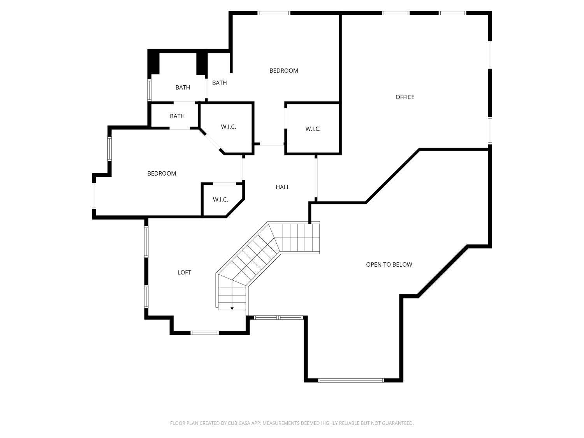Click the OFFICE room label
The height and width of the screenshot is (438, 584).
[x=405, y=97]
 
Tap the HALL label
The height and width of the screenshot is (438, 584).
[x=283, y=187]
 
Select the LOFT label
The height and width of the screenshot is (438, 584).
[x=184, y=273]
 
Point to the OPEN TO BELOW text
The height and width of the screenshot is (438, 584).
[x=389, y=265]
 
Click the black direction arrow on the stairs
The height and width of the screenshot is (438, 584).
[x=232, y=308]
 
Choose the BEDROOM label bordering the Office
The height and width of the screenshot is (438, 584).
[x=284, y=70]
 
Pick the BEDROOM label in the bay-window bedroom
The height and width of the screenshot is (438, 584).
[x=162, y=174]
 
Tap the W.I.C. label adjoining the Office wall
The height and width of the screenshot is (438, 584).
[x=313, y=129]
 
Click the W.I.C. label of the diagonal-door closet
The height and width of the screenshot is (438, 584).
[x=229, y=127]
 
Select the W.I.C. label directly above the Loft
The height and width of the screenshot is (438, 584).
[x=220, y=200]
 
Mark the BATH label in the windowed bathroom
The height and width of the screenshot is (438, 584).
[x=183, y=88]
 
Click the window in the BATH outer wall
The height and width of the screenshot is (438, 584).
[x=149, y=90]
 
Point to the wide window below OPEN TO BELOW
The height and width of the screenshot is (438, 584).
[x=351, y=380]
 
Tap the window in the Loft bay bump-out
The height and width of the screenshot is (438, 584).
[x=204, y=333]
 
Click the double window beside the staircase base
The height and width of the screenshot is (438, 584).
[x=278, y=318]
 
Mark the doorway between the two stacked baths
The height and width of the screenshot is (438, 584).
[x=184, y=103]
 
